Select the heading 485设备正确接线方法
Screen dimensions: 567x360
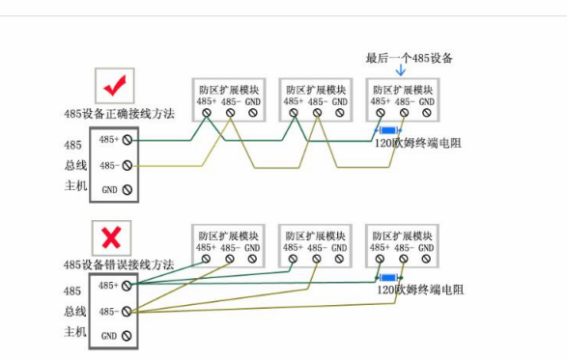coord(119,114)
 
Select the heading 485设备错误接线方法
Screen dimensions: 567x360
coord(119,264)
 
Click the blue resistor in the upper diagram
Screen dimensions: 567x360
coord(388,130)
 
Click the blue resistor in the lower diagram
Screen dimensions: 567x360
coord(388,278)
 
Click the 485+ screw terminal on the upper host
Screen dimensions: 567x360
coord(127,140)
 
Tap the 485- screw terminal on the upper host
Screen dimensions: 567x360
coord(127,165)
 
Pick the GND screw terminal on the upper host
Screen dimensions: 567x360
coord(127,190)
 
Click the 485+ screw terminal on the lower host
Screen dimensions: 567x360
coord(127,286)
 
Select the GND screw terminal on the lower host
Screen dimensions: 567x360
coord(127,336)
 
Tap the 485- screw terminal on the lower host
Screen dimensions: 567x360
coord(127,311)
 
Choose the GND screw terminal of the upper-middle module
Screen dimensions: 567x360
coord(339,113)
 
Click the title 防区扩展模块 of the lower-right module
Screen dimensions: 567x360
coord(404,235)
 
